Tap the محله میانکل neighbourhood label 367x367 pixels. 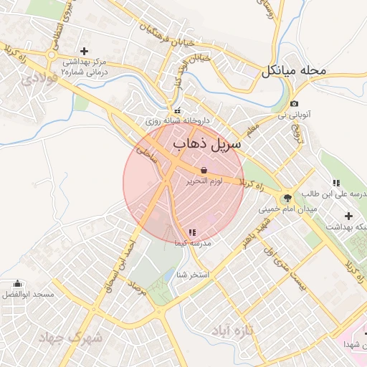click(x=294, y=71)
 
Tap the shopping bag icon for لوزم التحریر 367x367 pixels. click(x=204, y=171)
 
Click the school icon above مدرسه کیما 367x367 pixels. click(x=191, y=232)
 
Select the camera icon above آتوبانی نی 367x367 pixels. click(x=294, y=105)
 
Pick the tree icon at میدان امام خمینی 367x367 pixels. click(x=287, y=198)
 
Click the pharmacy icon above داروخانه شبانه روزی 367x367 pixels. click(x=177, y=110)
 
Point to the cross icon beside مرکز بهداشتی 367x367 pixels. click(x=85, y=51)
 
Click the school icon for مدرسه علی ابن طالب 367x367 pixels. click(x=336, y=183)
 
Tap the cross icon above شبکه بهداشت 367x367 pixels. click(x=349, y=216)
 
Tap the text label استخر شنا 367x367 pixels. click(x=194, y=275)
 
